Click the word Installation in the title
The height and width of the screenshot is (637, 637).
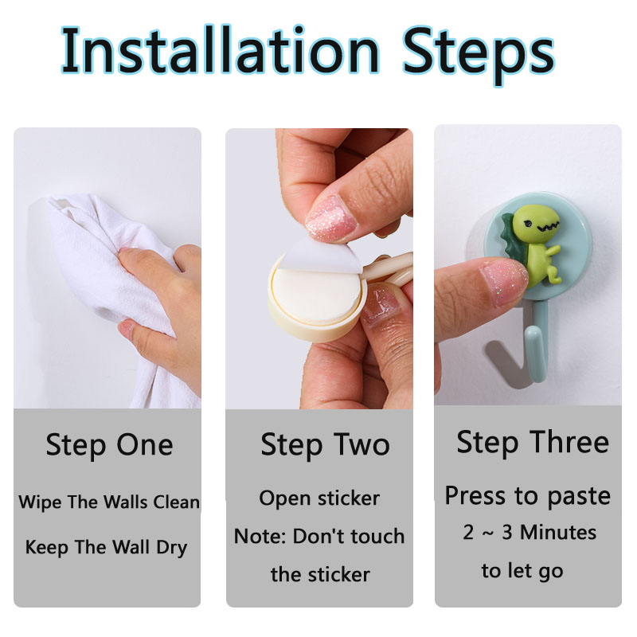[221, 51]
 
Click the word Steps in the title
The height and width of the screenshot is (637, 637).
[479, 56]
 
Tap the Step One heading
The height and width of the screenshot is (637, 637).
[109, 446]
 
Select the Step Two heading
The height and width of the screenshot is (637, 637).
[325, 446]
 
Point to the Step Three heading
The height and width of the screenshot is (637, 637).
[533, 443]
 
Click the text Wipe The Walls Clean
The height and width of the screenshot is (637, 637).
[109, 502]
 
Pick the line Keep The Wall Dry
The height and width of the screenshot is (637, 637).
[106, 548]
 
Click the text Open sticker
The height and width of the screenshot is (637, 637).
[319, 499]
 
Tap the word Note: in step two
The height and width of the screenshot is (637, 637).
[260, 536]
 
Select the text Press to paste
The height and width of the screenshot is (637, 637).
[528, 496]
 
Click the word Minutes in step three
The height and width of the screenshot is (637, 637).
[558, 532]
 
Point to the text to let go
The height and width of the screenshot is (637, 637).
[522, 571]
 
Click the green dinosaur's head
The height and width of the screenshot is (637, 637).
[535, 224]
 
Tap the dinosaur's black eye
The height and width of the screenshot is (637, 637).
[528, 224]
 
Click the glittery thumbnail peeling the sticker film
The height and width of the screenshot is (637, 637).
[331, 218]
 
